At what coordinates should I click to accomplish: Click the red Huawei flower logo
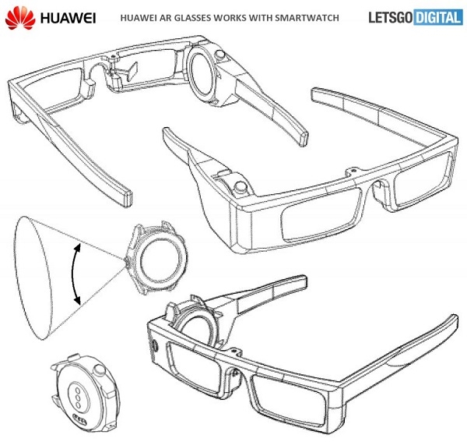[x=16, y=17]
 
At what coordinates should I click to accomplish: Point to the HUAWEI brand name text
[x=57, y=17]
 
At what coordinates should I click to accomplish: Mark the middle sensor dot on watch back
[x=79, y=394]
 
